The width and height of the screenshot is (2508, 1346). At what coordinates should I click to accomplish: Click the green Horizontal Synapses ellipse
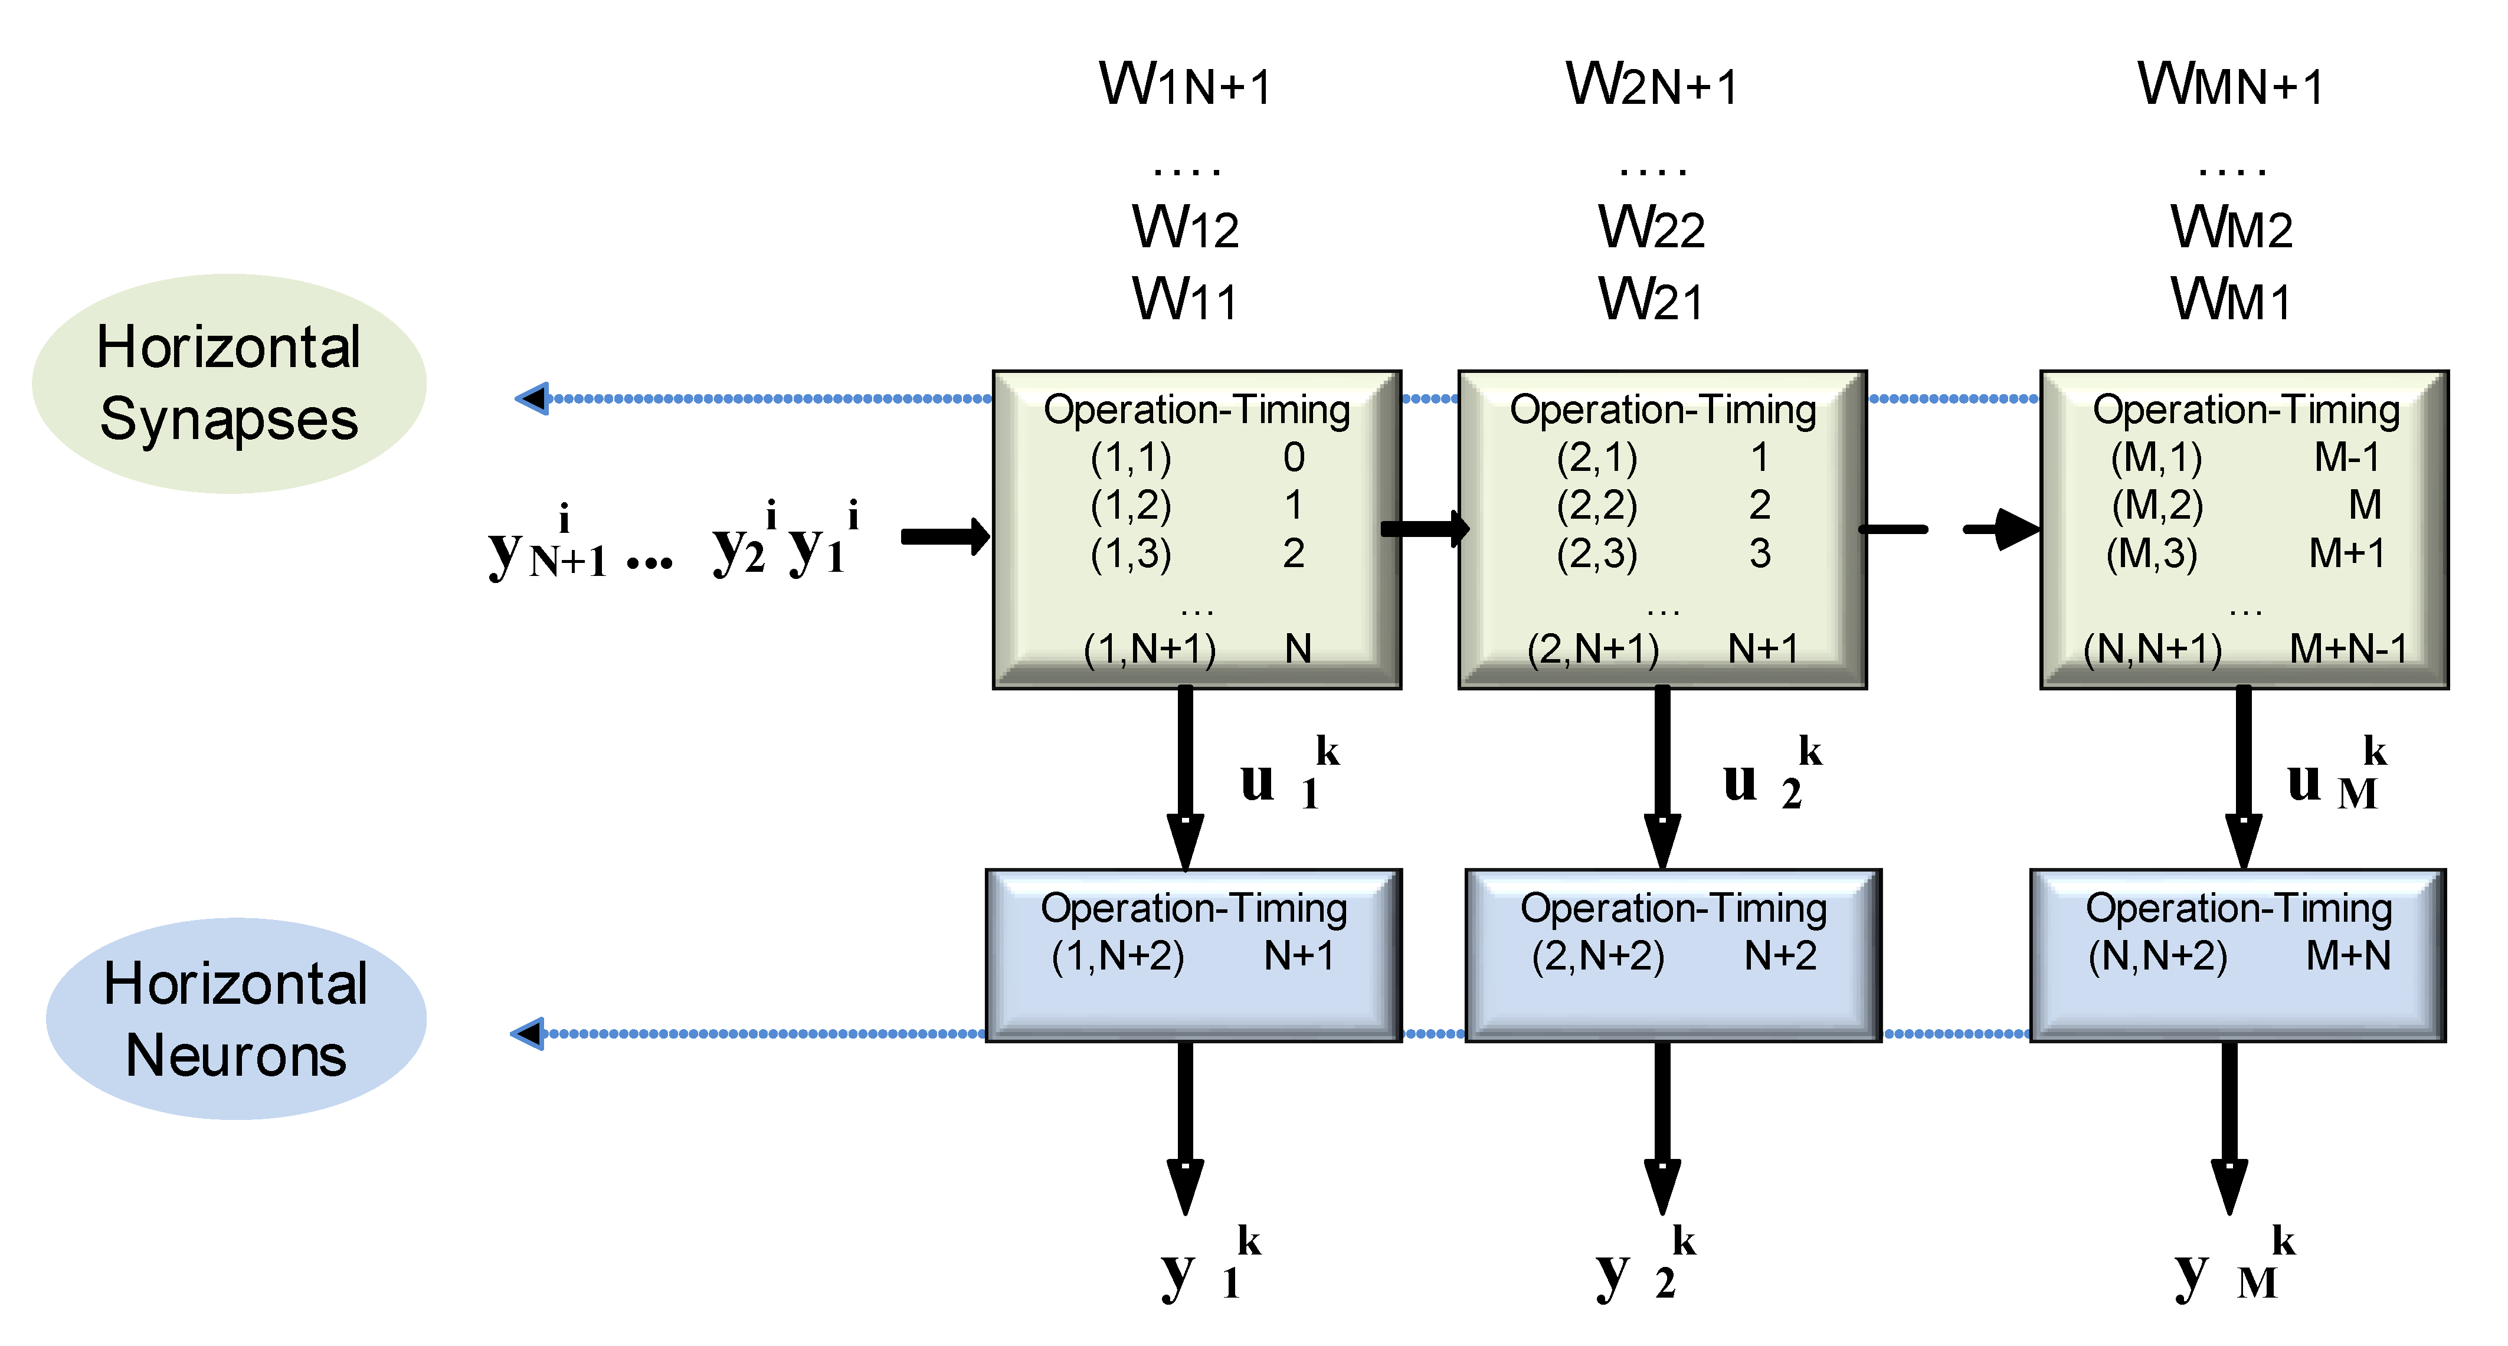click(x=229, y=384)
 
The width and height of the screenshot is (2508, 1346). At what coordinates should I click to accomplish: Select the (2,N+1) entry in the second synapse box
click(x=1593, y=648)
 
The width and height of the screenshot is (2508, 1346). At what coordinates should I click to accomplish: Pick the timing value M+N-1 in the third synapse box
click(x=2347, y=648)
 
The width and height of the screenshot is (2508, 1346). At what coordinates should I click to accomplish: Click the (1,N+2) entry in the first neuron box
click(x=1118, y=956)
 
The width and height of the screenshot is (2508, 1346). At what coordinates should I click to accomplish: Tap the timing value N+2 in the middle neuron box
click(x=1780, y=956)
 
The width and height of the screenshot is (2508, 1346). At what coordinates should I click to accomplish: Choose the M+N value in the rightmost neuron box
click(x=2347, y=956)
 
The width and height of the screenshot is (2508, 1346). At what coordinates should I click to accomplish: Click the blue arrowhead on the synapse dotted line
click(x=532, y=398)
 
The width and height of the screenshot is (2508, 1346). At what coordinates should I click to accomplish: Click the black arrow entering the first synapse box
click(x=944, y=536)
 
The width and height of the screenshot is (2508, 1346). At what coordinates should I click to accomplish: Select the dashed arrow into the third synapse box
click(x=1996, y=529)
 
